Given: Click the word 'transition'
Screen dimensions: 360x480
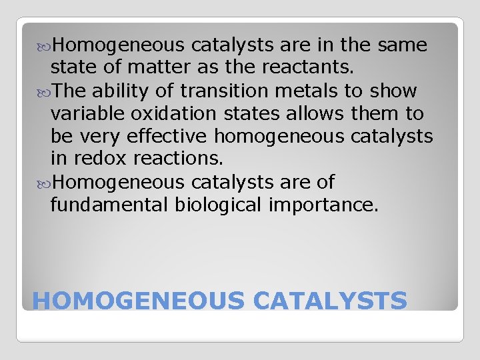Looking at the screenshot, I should tap(217, 91).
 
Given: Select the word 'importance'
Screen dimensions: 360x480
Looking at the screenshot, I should tap(323, 204).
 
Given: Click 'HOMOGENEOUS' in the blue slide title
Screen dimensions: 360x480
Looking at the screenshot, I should tap(139, 301).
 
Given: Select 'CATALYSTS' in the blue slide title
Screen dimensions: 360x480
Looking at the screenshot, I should tap(330, 301).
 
